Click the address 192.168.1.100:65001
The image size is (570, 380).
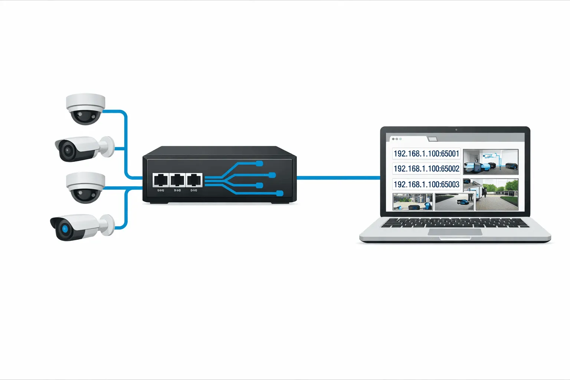click(x=426, y=154)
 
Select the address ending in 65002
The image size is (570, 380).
click(x=426, y=169)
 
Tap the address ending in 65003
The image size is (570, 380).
click(x=426, y=184)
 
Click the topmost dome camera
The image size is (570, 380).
click(x=85, y=108)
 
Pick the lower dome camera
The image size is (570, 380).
click(x=85, y=187)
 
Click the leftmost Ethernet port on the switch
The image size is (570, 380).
click(x=161, y=180)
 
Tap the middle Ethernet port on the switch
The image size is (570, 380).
click(x=177, y=180)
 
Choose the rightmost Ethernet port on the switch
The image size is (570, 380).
click(x=194, y=180)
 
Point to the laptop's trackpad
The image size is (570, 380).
click(x=455, y=232)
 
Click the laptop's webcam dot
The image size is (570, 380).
click(x=456, y=130)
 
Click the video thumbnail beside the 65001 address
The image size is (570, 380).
click(x=491, y=162)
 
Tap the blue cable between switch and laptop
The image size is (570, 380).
click(x=338, y=178)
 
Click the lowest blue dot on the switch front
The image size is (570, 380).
click(x=280, y=193)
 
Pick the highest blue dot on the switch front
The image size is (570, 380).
click(x=260, y=163)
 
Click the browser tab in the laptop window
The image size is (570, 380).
click(x=432, y=139)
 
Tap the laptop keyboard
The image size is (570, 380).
click(x=455, y=223)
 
